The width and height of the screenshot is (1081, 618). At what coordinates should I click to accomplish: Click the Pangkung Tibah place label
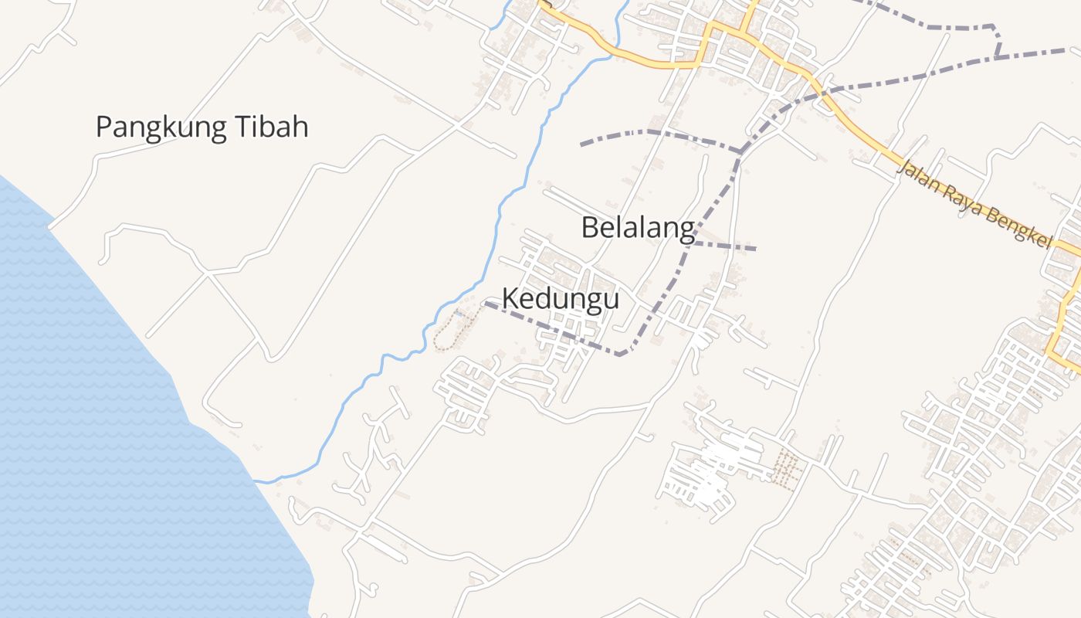pos(202,127)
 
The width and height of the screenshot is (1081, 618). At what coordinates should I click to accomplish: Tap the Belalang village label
pos(638,228)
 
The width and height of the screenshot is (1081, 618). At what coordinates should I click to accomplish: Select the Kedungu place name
pos(561,298)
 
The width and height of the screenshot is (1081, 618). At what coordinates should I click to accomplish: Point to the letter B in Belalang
pos(590,228)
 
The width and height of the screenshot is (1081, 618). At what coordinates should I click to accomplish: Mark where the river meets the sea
pos(259,481)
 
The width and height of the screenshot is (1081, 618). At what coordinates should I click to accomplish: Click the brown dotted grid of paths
pos(785,468)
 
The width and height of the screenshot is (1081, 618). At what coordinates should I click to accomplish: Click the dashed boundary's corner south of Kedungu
pos(622,355)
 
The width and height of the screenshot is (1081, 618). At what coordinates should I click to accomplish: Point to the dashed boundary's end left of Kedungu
pos(486,304)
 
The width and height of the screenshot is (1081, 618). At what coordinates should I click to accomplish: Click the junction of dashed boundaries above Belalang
pos(740,150)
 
